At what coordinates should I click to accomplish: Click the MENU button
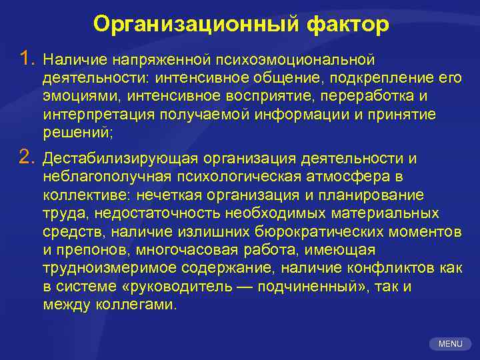tap(450, 344)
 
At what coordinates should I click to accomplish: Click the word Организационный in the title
tap(197, 24)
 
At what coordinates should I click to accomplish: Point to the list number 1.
tap(26, 61)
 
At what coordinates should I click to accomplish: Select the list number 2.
tap(26, 157)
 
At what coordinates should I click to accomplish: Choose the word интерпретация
tap(97, 115)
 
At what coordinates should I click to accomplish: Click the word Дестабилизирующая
tap(121, 159)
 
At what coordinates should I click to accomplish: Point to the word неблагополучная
tap(106, 177)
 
